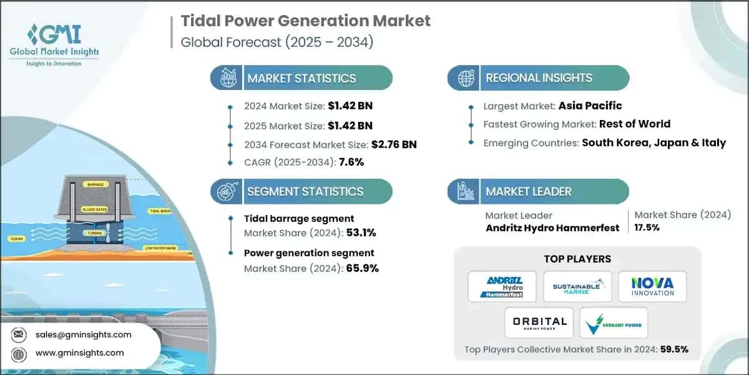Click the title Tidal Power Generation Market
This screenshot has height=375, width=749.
(305, 21)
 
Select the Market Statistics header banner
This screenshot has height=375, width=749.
(301, 78)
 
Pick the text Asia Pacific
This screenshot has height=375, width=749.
(590, 106)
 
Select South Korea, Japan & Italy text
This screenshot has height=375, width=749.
(654, 142)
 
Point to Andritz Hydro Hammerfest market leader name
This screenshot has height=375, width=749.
(552, 227)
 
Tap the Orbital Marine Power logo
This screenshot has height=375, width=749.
(539, 323)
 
